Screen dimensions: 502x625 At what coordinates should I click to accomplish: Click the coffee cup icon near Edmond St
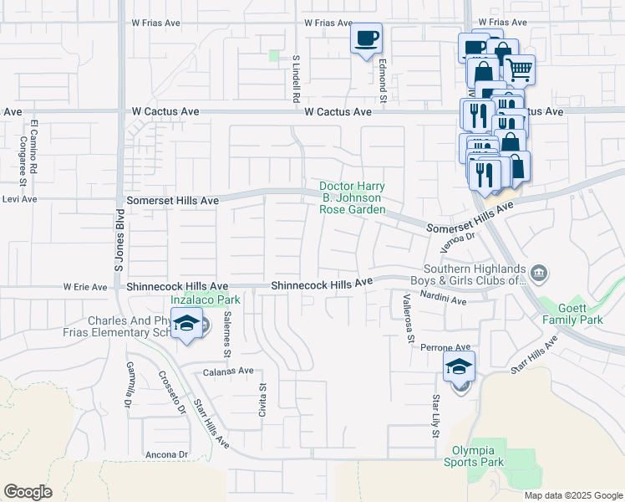click(x=366, y=38)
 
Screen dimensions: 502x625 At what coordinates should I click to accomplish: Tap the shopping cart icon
click(x=519, y=70)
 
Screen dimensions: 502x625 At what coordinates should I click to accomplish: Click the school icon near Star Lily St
click(x=459, y=366)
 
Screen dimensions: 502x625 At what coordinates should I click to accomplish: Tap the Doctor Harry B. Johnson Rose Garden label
click(x=353, y=197)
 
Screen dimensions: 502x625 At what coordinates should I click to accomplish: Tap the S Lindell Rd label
click(x=296, y=79)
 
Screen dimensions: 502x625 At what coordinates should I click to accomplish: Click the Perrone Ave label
click(x=445, y=347)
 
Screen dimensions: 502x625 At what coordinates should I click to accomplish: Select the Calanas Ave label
click(x=228, y=371)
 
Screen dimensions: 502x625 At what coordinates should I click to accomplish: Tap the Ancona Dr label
click(x=166, y=454)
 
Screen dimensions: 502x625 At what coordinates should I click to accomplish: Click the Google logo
click(x=28, y=492)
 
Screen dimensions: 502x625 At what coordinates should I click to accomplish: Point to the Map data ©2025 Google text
click(x=572, y=495)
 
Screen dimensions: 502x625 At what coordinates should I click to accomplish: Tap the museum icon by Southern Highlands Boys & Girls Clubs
click(x=540, y=272)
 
